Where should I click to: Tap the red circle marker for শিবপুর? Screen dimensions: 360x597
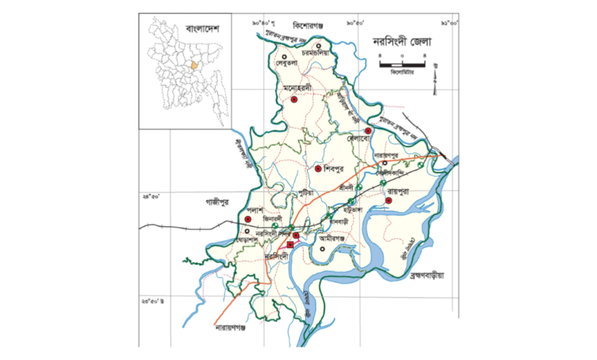tap(318, 169)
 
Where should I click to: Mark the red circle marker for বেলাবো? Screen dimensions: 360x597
tap(368, 132)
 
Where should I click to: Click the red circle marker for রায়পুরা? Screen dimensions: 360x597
tap(389, 200)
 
